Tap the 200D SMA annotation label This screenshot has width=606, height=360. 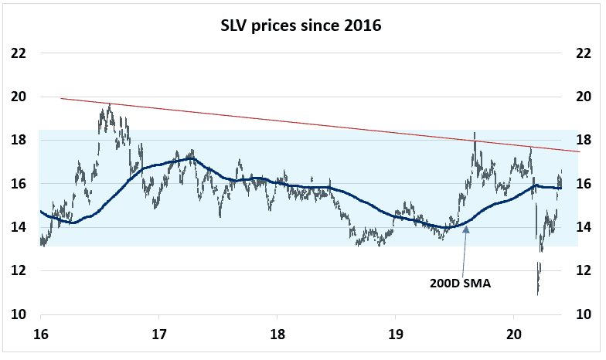(x=461, y=283)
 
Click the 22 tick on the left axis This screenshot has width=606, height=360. (x=19, y=53)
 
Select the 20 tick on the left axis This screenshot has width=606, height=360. (x=19, y=97)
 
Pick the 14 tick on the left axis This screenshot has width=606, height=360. (x=19, y=227)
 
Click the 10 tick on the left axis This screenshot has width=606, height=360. (x=19, y=314)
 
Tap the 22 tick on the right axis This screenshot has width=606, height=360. (x=587, y=53)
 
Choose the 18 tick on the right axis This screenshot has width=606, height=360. (x=587, y=140)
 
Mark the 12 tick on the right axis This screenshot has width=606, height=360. (x=587, y=270)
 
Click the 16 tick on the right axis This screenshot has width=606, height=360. (x=587, y=184)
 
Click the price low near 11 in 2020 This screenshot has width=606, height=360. (x=537, y=293)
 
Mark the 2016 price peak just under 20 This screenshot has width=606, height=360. (x=110, y=104)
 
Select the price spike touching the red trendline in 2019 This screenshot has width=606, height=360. (x=475, y=134)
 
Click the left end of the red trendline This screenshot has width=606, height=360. (x=61, y=98)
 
